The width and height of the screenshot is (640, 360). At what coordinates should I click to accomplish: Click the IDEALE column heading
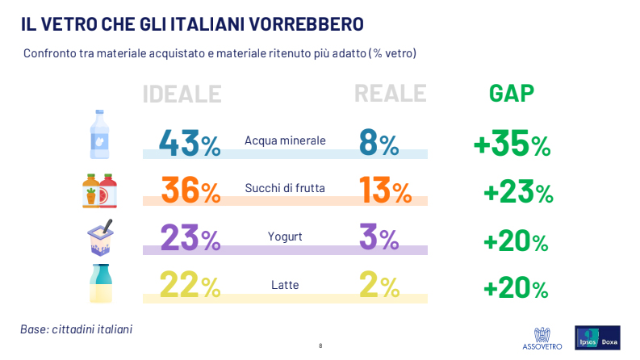coord(182,94)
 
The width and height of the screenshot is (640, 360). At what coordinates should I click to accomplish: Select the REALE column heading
coord(390,94)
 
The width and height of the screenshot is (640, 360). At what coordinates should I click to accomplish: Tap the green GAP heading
coord(512,94)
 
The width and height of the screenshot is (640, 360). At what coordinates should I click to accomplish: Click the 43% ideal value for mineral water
coord(190,143)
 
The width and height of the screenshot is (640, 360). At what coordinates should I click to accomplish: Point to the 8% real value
coord(379,143)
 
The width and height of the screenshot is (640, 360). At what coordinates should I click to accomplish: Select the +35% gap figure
coord(512,143)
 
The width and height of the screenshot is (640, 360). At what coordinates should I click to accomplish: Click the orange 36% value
coord(191,190)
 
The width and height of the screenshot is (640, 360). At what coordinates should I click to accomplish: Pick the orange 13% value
coord(385,190)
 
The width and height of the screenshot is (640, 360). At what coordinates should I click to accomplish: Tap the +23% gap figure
coord(518,191)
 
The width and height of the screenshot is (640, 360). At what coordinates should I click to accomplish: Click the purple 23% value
coord(190,237)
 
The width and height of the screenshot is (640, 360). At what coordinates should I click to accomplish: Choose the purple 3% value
coord(379,237)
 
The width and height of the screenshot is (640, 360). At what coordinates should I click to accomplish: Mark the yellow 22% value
coord(190,285)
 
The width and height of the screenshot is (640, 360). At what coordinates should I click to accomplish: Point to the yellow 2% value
coord(379,285)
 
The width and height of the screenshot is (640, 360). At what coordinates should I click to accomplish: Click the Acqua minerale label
coord(285,140)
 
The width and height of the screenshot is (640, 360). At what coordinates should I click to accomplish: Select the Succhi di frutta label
coord(285,188)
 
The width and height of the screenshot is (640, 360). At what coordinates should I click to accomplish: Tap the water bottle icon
coord(99,134)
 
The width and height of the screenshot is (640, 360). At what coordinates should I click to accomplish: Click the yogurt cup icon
coord(100,238)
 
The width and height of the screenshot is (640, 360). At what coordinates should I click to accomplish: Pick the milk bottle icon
coord(101,283)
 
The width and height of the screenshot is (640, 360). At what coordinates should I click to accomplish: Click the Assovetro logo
coord(542,338)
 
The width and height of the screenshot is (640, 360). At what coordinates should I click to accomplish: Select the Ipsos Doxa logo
coord(597,337)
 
